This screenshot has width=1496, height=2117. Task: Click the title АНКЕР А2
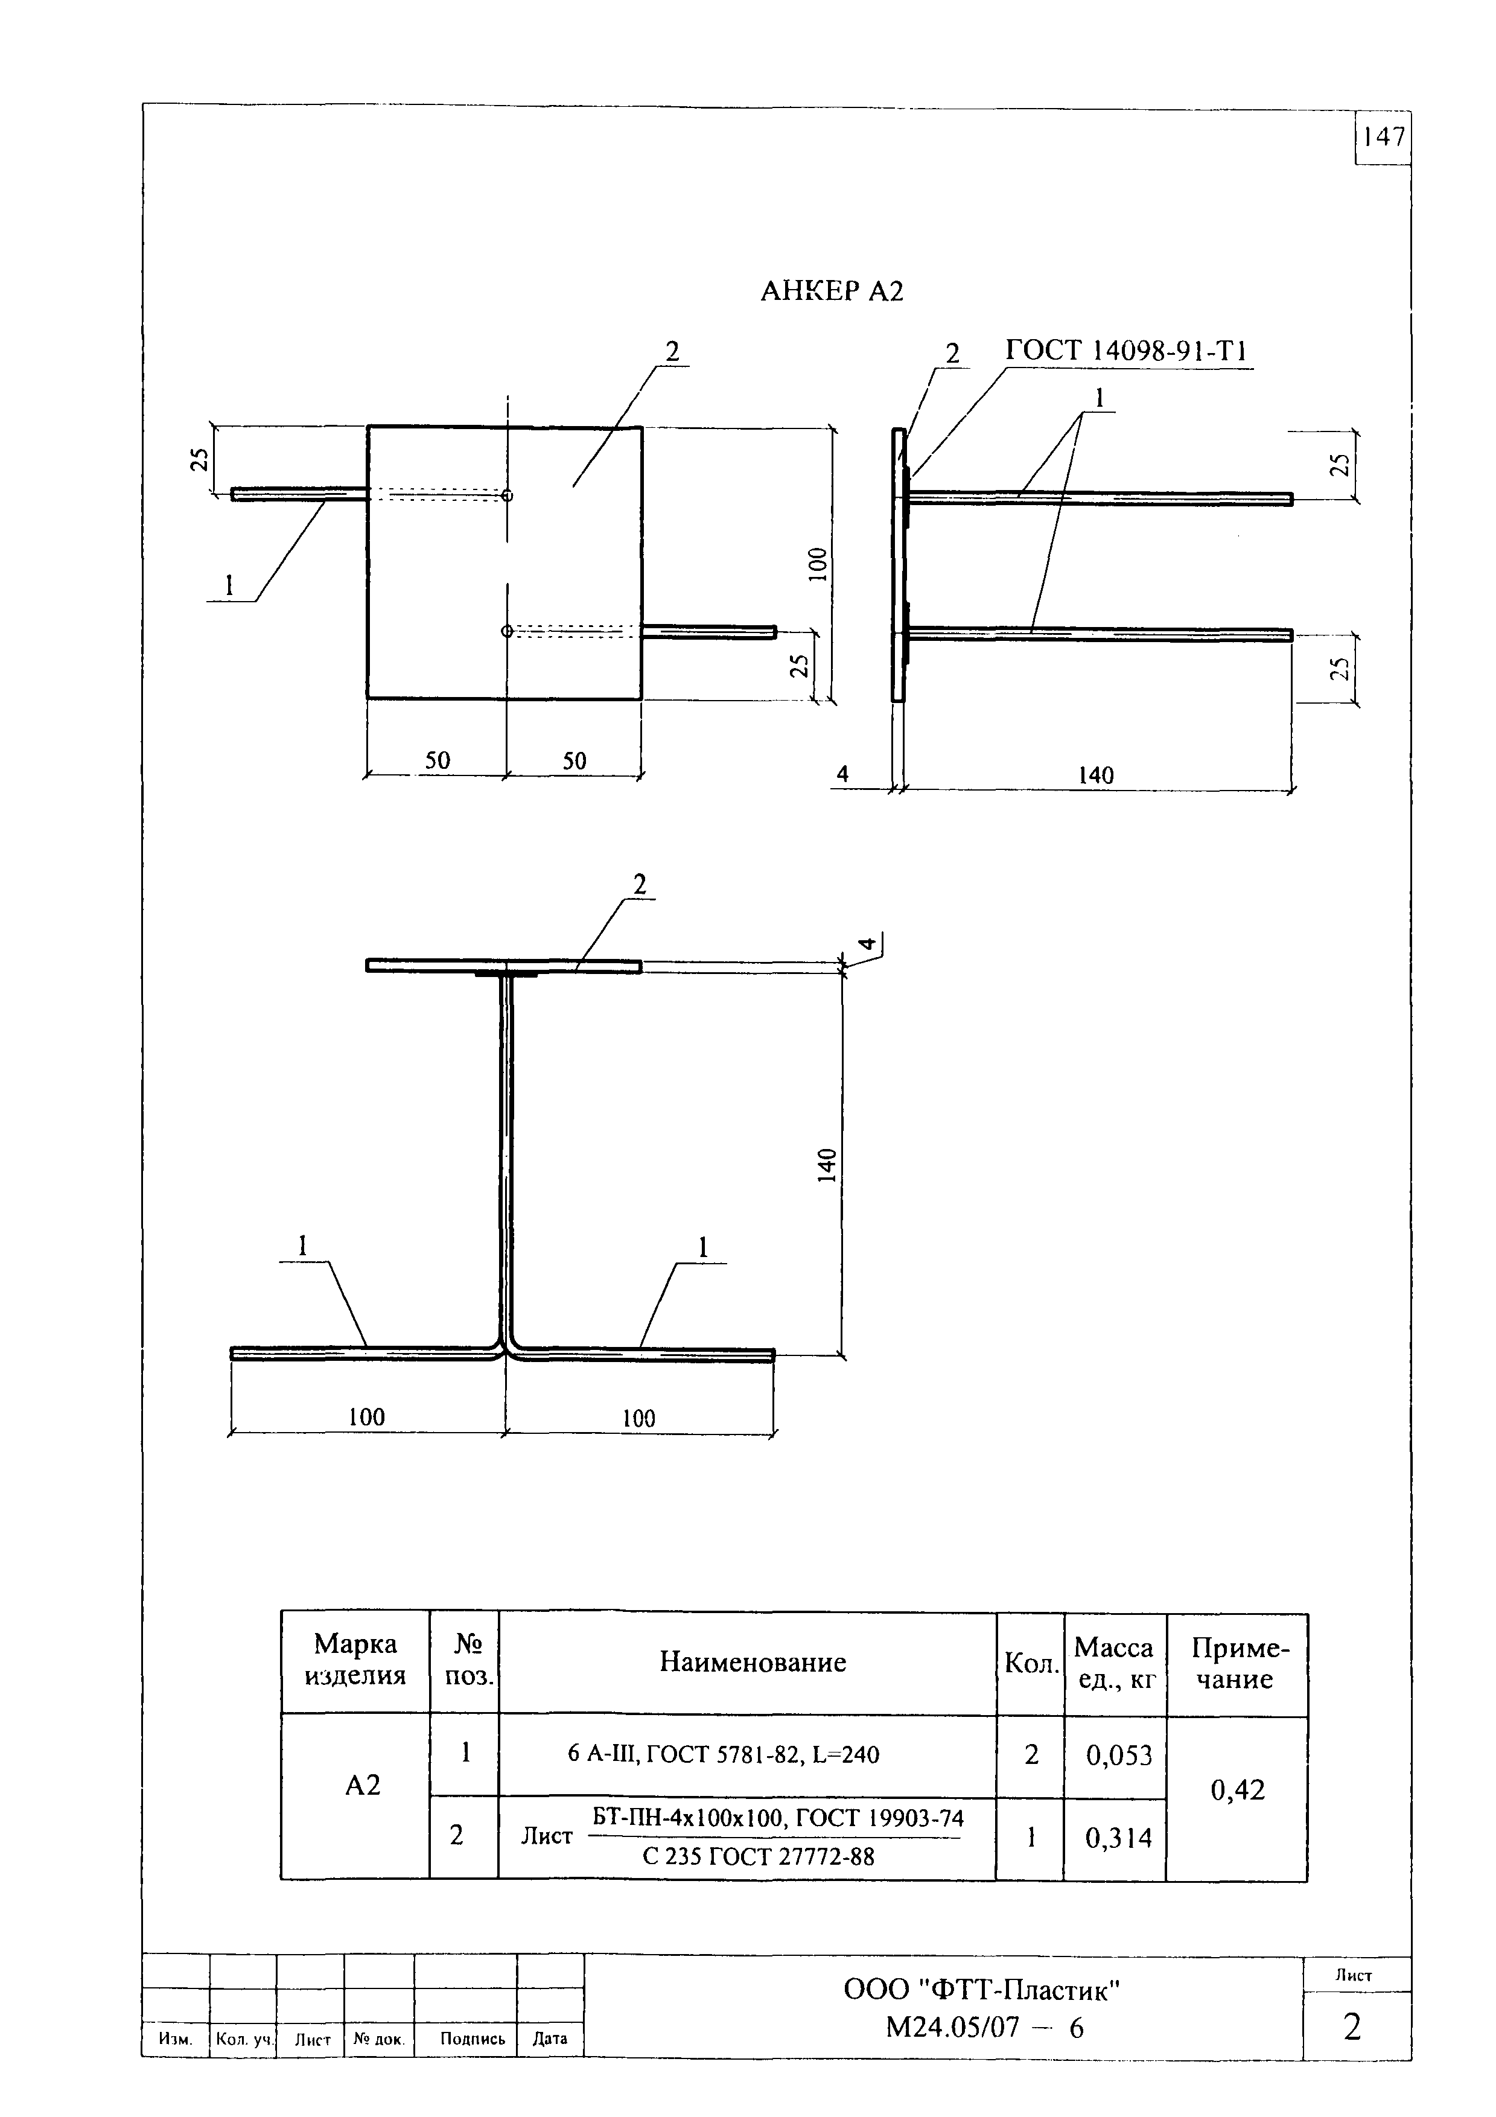point(832,291)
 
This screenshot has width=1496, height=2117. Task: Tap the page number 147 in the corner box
point(1384,138)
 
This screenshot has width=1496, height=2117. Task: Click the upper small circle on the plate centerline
point(507,495)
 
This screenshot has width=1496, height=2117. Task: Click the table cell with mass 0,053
point(1119,1756)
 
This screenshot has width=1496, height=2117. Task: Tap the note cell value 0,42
point(1237,1791)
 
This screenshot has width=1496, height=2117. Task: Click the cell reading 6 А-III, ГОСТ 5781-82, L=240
point(724,1755)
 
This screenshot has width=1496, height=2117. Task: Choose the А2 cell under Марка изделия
point(362,1786)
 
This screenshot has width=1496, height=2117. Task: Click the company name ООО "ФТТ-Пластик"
point(982,1991)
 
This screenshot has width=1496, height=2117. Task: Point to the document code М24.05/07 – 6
point(984,2028)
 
